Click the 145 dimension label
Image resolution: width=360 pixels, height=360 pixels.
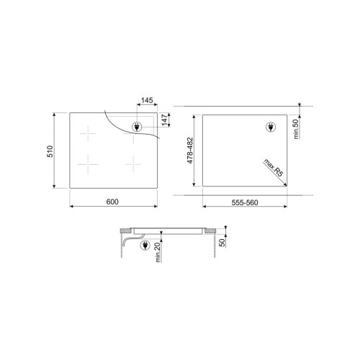click(147, 100)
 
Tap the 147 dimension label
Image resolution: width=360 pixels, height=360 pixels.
click(165, 120)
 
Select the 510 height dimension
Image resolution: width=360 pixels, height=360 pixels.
click(50, 151)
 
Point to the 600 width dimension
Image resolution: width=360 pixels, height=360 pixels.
click(112, 202)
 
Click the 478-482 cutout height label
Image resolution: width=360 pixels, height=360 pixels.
click(190, 150)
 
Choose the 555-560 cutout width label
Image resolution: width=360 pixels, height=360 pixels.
click(245, 203)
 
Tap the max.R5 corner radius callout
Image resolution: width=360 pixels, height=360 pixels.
click(274, 168)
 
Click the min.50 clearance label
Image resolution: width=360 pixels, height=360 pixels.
click(296, 129)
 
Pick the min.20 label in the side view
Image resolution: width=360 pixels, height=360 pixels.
click(158, 252)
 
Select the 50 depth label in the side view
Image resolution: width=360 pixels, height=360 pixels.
click(222, 243)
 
